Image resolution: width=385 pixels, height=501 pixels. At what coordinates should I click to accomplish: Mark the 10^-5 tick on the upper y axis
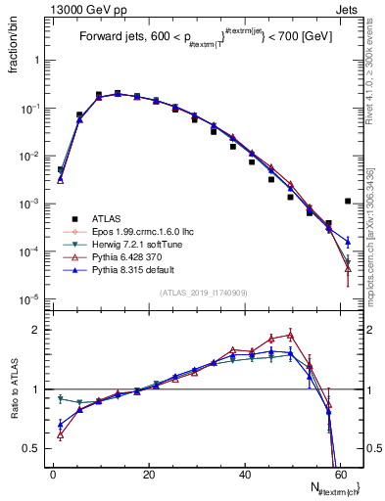click(29, 299)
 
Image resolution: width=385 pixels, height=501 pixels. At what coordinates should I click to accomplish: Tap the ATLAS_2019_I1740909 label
click(202, 294)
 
